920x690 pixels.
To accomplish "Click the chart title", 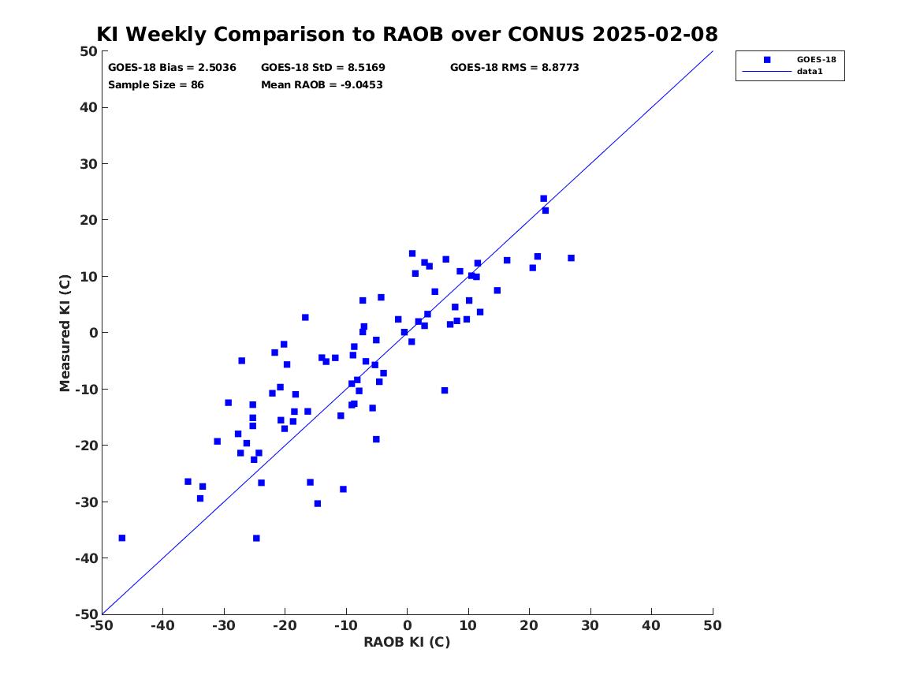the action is point(408,34).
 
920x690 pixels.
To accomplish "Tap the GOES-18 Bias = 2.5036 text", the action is point(172,68).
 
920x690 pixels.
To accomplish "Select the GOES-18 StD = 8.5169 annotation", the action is point(323,68).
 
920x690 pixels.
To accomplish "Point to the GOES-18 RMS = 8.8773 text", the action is point(515,68).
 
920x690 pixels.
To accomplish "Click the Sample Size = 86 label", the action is point(156,85).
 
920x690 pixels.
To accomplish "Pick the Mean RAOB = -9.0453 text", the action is point(322,85).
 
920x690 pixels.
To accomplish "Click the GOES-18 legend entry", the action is point(816,59).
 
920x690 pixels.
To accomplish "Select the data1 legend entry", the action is point(810,72).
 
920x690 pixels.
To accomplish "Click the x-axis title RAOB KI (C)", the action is point(408,642).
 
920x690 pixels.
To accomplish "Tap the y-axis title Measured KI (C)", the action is point(65,333).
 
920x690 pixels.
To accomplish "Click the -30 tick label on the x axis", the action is point(224,625).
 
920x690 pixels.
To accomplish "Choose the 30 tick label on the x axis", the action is point(590,625).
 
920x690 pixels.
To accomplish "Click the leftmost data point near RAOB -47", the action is point(122,538).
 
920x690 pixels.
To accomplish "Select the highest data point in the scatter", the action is point(543,199).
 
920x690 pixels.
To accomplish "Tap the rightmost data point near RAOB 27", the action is point(571,258).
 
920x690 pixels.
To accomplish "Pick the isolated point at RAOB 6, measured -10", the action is point(445,391).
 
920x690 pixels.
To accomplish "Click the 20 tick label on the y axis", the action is point(88,220).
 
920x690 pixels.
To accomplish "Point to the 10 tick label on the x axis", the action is point(468,625).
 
